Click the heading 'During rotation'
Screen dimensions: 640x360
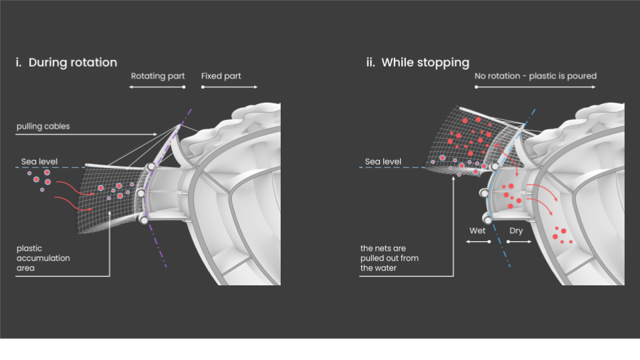click(x=73, y=63)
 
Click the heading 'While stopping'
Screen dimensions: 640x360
click(x=425, y=63)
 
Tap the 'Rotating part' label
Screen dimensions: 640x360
click(x=157, y=76)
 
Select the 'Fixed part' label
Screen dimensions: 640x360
click(x=221, y=76)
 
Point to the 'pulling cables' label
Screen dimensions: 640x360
click(x=43, y=127)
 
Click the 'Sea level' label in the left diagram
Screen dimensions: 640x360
click(x=39, y=161)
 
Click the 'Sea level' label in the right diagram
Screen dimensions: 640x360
click(x=383, y=161)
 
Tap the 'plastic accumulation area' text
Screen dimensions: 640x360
click(x=43, y=258)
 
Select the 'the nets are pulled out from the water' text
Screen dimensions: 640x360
click(x=389, y=258)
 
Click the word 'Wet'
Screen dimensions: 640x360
click(x=477, y=231)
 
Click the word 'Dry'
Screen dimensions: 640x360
click(x=516, y=231)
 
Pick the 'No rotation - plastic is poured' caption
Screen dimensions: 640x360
click(x=535, y=76)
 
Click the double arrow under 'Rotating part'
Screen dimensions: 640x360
click(x=157, y=87)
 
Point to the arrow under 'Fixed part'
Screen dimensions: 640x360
click(x=229, y=87)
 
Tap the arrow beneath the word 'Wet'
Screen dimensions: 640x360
click(x=478, y=241)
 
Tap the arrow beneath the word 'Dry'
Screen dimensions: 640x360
click(x=519, y=241)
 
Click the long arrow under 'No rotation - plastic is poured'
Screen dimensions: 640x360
click(x=535, y=87)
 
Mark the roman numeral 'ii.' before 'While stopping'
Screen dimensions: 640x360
click(x=370, y=63)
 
